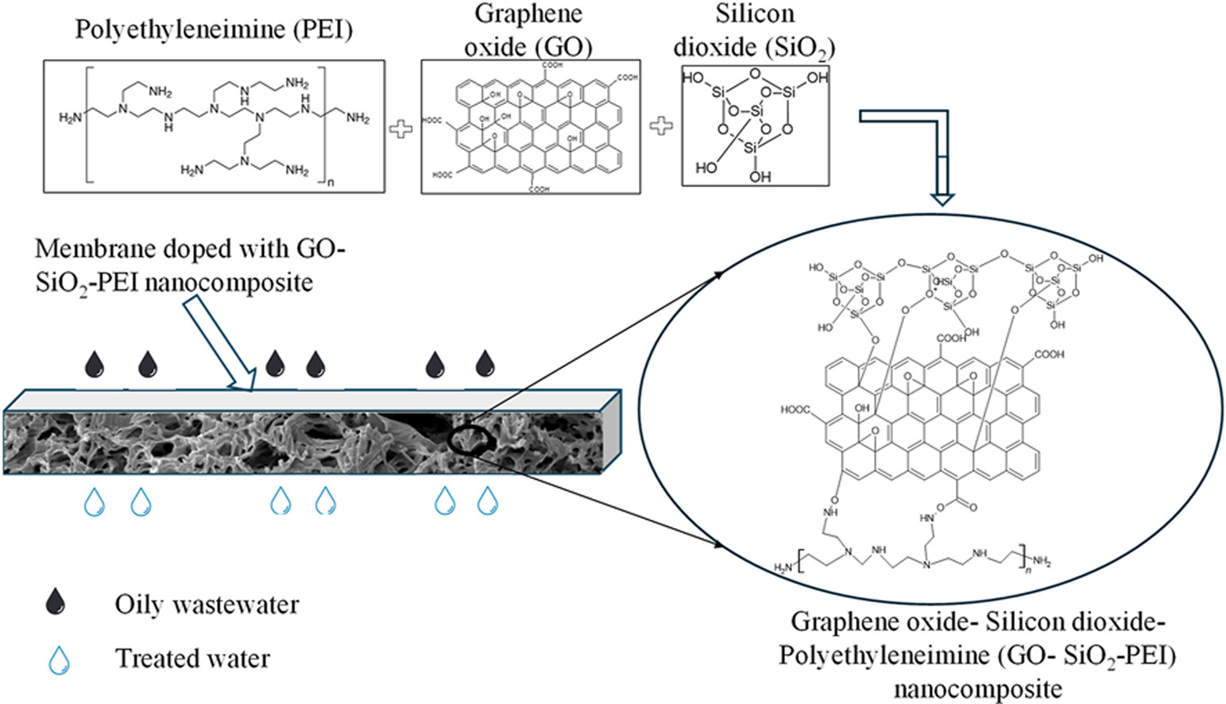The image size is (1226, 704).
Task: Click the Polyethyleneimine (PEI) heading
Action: point(214,30)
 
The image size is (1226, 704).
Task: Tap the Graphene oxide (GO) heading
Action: point(528,30)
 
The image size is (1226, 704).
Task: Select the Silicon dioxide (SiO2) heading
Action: point(754,30)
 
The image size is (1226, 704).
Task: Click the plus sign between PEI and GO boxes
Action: point(401,128)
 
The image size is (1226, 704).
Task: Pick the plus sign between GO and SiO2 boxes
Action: point(661,126)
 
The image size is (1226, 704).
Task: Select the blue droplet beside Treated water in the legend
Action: point(59,660)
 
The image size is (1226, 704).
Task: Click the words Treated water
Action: point(192,659)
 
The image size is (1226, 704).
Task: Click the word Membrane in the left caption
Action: point(95,249)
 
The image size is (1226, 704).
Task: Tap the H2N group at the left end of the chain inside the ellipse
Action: point(783,567)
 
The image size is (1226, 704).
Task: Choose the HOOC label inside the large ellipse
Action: point(795,410)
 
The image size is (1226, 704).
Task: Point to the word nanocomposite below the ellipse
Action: point(977,688)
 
